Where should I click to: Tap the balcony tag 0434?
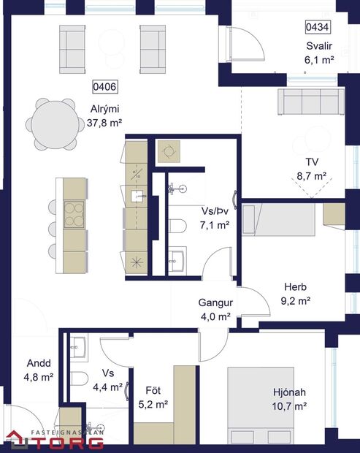click(318, 27)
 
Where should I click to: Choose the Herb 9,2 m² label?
click(296, 293)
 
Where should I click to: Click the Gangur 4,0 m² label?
click(215, 310)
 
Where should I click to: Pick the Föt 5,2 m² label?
click(153, 397)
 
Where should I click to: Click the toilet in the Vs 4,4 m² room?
click(78, 378)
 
